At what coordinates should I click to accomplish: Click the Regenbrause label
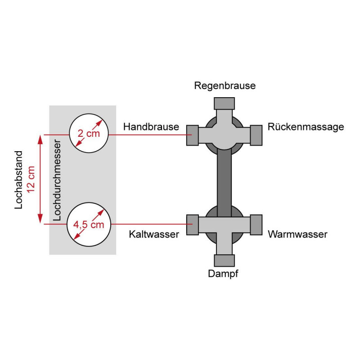pos(225,86)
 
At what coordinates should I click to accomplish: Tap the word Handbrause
pos(151,127)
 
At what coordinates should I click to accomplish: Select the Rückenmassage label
pos(306,127)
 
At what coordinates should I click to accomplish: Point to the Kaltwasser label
pos(154,234)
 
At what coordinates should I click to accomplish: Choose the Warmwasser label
pos(297,234)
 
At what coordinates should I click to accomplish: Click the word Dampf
pos(223,274)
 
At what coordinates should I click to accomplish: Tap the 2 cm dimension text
pos(89,133)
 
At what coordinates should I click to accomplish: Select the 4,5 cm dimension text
pos(89,225)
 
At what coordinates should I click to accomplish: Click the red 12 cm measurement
pos(31,179)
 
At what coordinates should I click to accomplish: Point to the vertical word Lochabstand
pos(18,180)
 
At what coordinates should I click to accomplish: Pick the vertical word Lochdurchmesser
pos(57,180)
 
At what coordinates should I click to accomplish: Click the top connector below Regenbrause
pos(224,103)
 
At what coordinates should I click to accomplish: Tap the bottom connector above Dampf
pos(224,261)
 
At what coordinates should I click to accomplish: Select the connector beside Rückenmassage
pos(256,135)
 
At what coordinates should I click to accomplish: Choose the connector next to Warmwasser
pos(256,225)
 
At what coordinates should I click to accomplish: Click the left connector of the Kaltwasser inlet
pos(193,225)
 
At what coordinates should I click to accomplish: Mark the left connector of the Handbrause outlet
pos(193,135)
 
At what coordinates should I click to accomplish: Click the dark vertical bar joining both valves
pos(224,183)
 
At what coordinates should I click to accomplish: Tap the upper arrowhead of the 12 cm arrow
pos(40,139)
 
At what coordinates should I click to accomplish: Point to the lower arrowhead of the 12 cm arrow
pos(40,219)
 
